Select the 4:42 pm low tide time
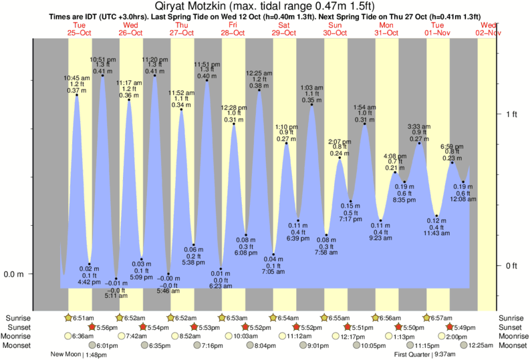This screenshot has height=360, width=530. [89, 282]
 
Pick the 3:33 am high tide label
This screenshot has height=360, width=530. [419, 126]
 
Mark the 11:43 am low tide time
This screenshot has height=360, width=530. [436, 232]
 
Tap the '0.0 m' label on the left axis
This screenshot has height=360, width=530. [14, 274]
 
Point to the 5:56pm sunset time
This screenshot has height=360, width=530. [108, 327]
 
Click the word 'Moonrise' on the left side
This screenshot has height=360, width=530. [18, 336]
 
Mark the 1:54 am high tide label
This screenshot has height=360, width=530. [364, 107]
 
